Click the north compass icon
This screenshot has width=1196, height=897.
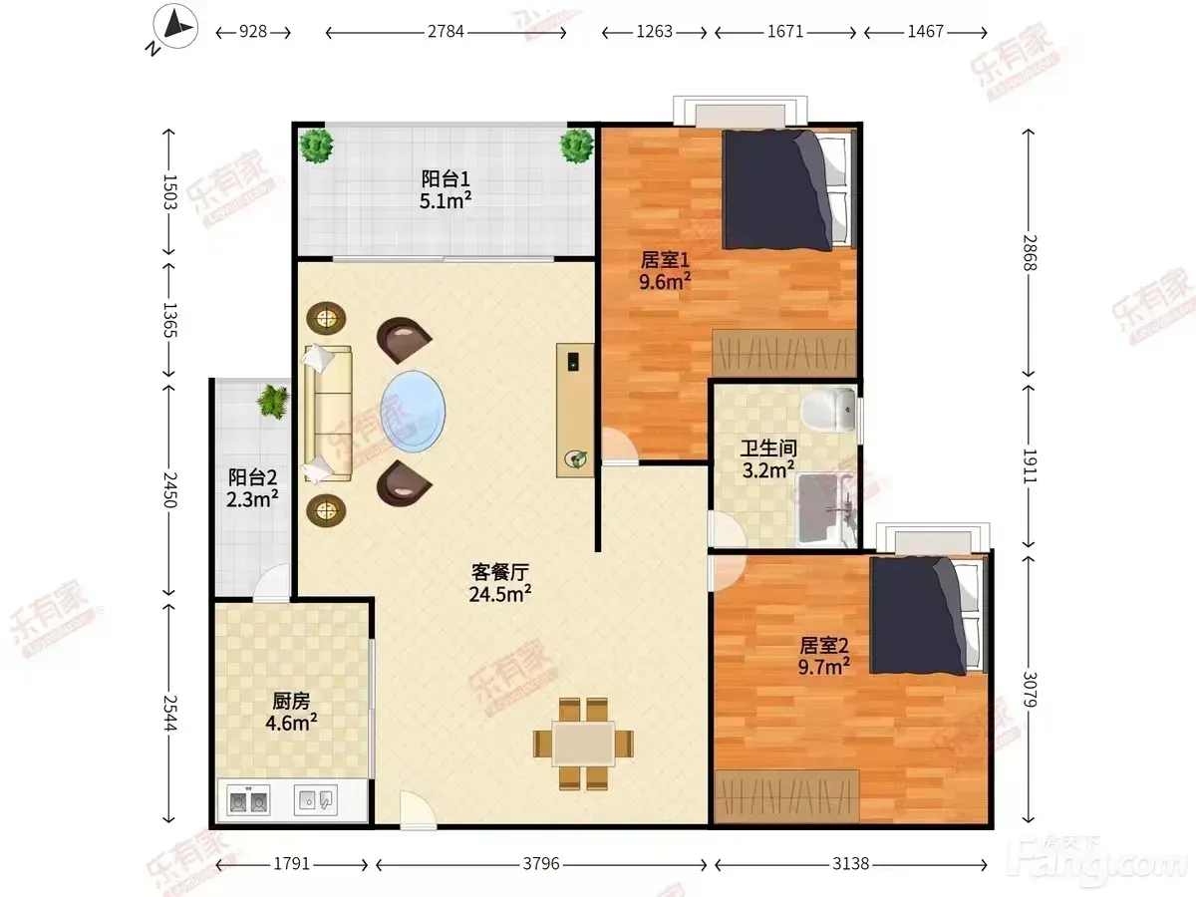click(174, 26)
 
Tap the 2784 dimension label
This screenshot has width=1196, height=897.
click(446, 32)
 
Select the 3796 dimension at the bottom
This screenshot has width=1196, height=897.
click(541, 864)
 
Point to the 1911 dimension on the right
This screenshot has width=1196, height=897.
click(1029, 465)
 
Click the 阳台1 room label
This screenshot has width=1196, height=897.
click(446, 179)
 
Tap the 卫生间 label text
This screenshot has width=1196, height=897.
click(768, 448)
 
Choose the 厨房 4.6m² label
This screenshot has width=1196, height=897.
click(291, 712)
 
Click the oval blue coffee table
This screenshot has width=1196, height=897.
click(413, 412)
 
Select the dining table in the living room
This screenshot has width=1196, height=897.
click(583, 744)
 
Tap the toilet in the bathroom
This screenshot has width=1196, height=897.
click(829, 410)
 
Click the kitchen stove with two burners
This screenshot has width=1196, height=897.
click(248, 800)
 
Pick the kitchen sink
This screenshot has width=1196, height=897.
click(316, 800)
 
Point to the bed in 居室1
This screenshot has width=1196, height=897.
click(788, 189)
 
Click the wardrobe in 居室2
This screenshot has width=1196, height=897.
click(786, 795)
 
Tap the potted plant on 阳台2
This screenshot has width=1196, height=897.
click(273, 402)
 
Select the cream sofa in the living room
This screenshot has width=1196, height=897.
click(328, 414)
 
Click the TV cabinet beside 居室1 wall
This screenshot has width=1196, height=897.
click(575, 410)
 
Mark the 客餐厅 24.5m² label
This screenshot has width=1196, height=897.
click(500, 583)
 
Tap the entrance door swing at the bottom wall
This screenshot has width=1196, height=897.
click(418, 810)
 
